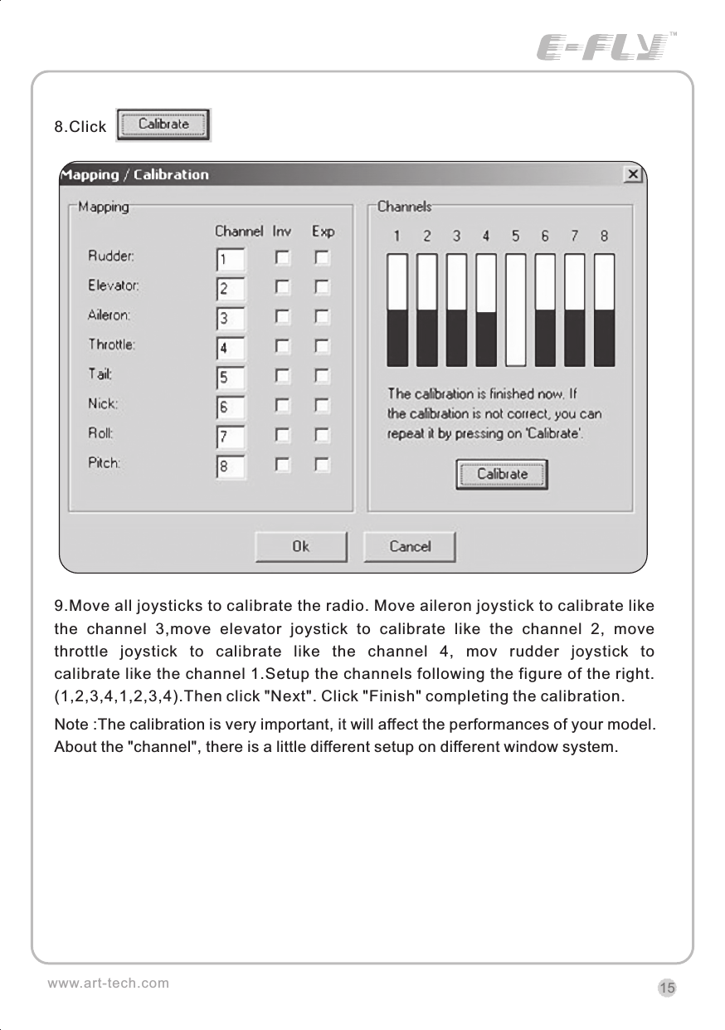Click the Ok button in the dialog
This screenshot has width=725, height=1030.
[300, 546]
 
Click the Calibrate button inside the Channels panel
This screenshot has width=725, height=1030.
[502, 475]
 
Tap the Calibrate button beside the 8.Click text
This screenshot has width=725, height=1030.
[163, 124]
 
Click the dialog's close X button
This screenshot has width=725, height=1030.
[633, 174]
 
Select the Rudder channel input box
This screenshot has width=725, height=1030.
[230, 260]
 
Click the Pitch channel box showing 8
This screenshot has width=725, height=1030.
[230, 466]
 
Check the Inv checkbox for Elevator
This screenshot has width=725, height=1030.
[283, 287]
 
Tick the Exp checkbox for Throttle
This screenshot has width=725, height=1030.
[322, 345]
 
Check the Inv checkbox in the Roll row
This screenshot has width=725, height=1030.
[283, 435]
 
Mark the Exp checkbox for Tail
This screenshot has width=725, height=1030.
[322, 376]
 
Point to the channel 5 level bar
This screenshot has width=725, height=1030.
[516, 310]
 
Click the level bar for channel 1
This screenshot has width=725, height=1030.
[397, 310]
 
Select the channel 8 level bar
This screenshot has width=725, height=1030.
[605, 310]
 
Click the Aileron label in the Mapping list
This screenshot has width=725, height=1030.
[109, 315]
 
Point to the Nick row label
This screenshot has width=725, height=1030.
[104, 404]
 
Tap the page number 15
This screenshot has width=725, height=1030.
[667, 988]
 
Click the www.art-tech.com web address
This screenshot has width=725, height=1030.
[108, 984]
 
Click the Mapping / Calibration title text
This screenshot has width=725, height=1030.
[135, 174]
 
